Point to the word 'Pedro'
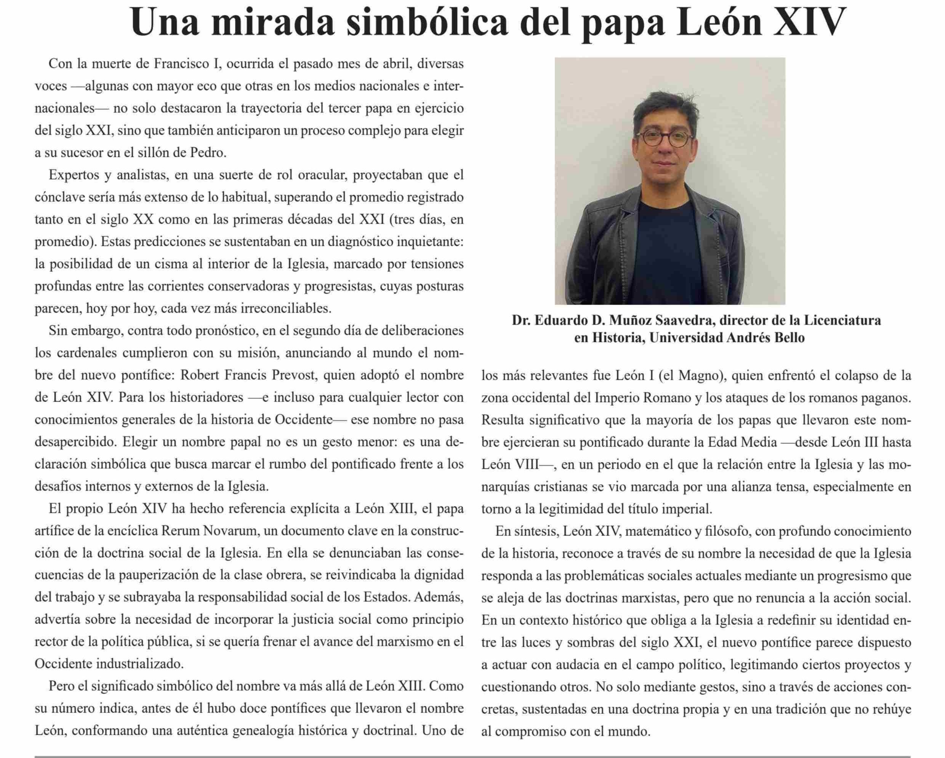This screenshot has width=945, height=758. click(x=208, y=153)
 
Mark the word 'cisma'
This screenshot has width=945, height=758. click(x=173, y=264)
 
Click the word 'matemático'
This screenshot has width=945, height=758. click(x=659, y=531)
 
